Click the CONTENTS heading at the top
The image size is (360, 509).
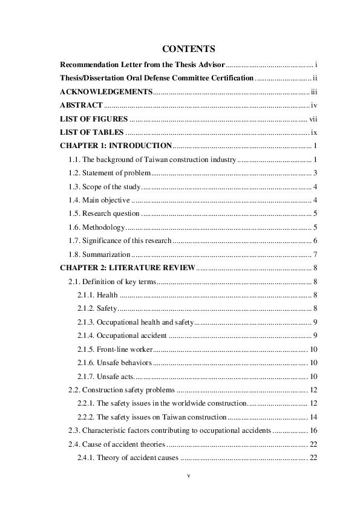(189, 48)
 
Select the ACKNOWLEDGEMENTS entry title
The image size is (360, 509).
(106, 92)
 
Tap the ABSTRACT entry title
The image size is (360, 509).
(81, 105)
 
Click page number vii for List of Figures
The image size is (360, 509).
(313, 118)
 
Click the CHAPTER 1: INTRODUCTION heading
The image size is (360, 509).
(116, 146)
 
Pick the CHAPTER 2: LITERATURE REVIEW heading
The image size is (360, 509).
(128, 268)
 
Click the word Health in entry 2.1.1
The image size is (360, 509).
(107, 295)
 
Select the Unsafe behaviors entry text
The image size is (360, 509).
(124, 363)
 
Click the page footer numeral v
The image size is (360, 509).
(189, 476)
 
